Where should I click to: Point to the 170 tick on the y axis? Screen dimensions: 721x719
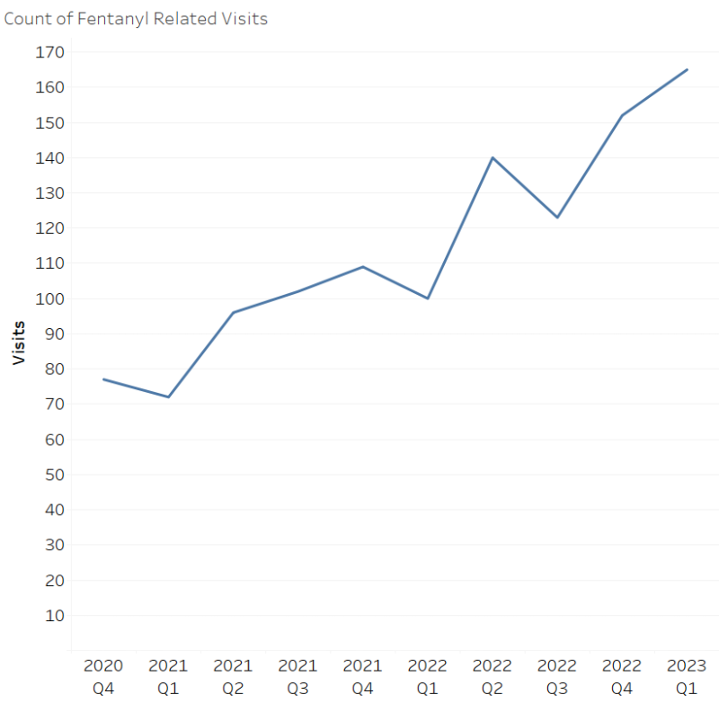click(50, 52)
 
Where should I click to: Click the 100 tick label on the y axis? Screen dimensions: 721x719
click(50, 298)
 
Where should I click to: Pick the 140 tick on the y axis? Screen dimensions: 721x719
click(50, 158)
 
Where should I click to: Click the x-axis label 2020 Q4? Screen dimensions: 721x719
click(103, 677)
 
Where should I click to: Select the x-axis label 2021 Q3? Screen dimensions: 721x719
click(297, 677)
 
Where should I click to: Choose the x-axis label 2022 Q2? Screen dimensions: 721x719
click(492, 677)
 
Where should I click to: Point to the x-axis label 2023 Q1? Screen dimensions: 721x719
click(687, 677)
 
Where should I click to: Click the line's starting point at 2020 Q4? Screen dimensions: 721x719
click(103, 379)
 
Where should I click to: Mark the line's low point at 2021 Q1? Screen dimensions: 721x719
click(168, 396)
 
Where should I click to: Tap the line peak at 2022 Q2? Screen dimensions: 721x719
click(493, 157)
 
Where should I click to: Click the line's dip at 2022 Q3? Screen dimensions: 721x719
click(557, 218)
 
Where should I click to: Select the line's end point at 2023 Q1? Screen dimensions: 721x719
click(687, 69)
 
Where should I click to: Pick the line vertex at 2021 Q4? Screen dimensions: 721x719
click(362, 266)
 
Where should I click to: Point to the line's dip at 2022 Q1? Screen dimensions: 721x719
click(427, 298)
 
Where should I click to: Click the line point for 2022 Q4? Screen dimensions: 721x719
click(622, 115)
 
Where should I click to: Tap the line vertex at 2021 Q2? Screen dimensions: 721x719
click(233, 312)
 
